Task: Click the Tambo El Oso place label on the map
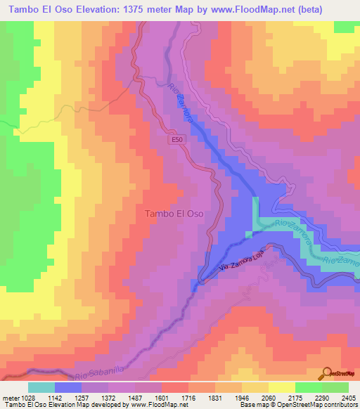pos(174,214)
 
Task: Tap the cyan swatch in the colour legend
pos(41,387)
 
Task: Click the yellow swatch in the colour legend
pos(282,387)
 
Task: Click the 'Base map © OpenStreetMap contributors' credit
pos(296,405)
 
